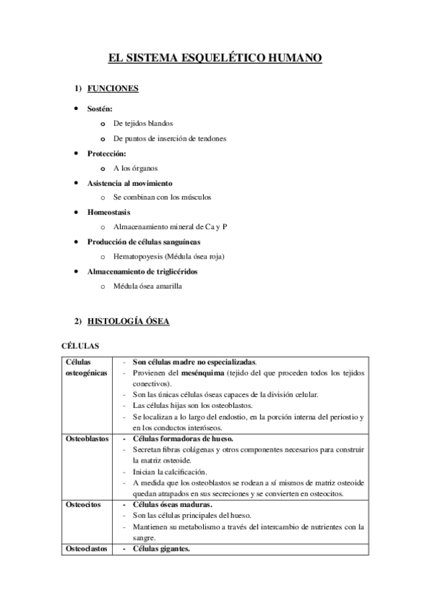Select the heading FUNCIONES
[x=113, y=89]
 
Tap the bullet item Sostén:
[x=100, y=108]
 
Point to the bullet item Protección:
[x=107, y=154]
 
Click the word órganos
[x=143, y=168]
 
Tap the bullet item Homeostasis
[x=108, y=213]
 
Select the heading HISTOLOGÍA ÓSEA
[x=128, y=321]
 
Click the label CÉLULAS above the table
[x=80, y=346]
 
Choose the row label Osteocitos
[x=82, y=505]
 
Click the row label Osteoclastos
[x=86, y=549]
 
